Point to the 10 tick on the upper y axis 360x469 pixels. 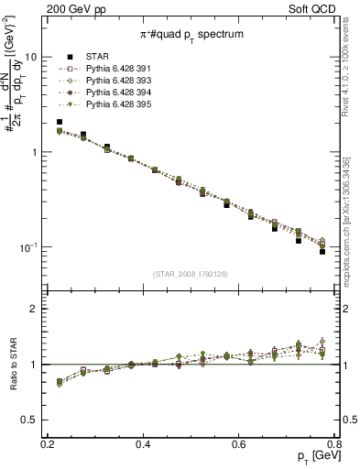pos(30,57)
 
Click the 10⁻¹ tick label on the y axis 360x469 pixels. pos(27,247)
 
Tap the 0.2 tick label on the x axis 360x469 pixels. pos(48,444)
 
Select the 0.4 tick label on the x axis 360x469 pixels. pos(143,444)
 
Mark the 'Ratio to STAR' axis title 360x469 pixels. pos(11,365)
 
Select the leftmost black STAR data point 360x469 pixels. pos(60,122)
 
